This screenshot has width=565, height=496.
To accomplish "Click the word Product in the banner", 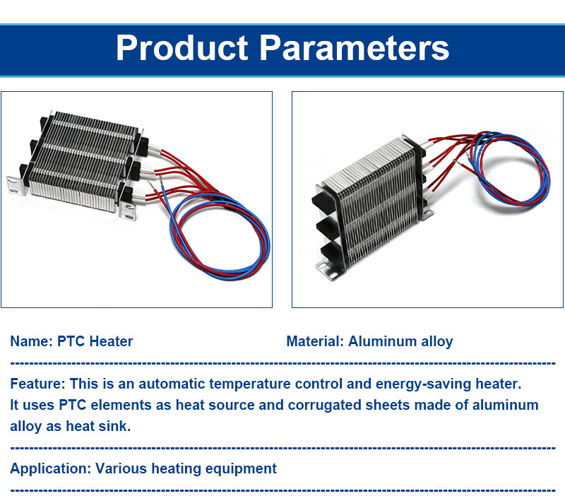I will (182, 48).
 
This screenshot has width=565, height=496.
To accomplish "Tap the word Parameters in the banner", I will (355, 48).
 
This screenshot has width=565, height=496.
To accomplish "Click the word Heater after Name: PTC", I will (110, 342).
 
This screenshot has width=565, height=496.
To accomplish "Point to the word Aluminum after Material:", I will (381, 342).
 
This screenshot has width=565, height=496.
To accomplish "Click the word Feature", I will (37, 384).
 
